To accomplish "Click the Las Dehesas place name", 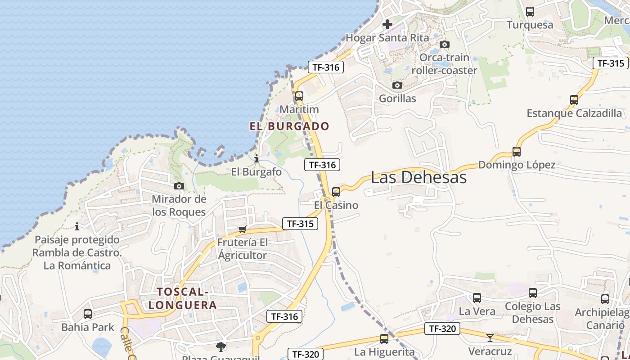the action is pyautogui.click(x=418, y=177).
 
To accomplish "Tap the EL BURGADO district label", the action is pyautogui.click(x=289, y=126).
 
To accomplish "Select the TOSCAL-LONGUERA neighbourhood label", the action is pyautogui.click(x=183, y=298).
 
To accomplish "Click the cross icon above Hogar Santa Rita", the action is pyautogui.click(x=387, y=24).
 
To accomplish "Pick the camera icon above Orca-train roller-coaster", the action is pyautogui.click(x=445, y=44).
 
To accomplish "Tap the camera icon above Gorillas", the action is pyautogui.click(x=397, y=85).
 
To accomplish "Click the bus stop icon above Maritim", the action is pyautogui.click(x=299, y=96).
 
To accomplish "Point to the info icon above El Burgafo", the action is pyautogui.click(x=256, y=158).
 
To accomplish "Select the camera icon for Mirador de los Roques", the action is pyautogui.click(x=179, y=186).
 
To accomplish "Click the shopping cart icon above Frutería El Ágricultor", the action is pyautogui.click(x=243, y=229).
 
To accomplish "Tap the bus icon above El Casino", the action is pyautogui.click(x=336, y=192).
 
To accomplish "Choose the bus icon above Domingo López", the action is pyautogui.click(x=517, y=152).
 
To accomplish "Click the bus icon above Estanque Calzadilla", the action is pyautogui.click(x=574, y=100).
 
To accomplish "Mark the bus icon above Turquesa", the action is pyautogui.click(x=530, y=12).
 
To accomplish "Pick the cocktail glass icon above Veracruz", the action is pyautogui.click(x=490, y=337).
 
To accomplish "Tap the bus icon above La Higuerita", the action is pyautogui.click(x=384, y=339).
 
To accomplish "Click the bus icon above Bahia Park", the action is pyautogui.click(x=88, y=314).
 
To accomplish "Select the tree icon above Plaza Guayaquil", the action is pyautogui.click(x=220, y=346).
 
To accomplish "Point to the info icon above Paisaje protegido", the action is pyautogui.click(x=77, y=226).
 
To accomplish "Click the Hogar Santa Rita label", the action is pyautogui.click(x=387, y=38).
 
